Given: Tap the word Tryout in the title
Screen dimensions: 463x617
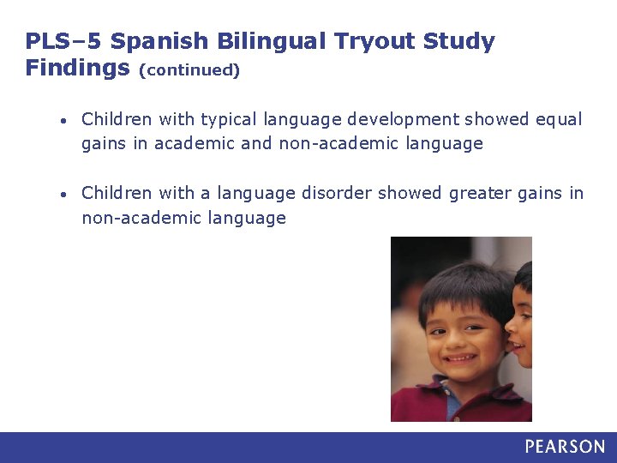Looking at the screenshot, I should [372, 41].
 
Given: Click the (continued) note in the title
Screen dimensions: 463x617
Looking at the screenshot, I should [189, 69].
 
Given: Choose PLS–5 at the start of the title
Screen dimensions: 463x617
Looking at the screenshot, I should [62, 41].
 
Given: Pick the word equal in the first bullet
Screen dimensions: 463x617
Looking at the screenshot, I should [558, 119].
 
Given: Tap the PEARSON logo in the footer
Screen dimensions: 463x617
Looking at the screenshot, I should [565, 447].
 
